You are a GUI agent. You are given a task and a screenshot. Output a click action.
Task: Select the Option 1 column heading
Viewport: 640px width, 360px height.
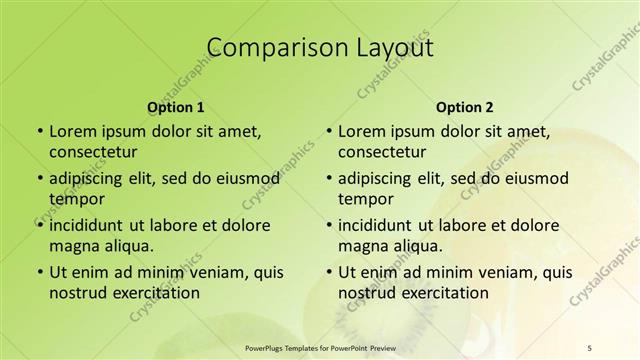click(x=176, y=107)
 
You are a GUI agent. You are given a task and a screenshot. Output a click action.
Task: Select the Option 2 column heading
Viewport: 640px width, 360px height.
click(x=465, y=107)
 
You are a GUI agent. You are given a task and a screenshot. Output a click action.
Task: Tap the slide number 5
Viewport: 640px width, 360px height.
click(x=589, y=347)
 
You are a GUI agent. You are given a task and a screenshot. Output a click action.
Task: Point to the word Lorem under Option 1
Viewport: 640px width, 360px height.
click(x=72, y=131)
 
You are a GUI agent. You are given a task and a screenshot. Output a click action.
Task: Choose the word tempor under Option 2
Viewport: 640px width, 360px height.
click(x=364, y=199)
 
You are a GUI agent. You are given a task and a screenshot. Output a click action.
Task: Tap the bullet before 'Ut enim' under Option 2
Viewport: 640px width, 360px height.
click(x=328, y=272)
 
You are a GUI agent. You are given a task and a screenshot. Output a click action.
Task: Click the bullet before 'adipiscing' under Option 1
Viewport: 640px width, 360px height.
click(x=39, y=178)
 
